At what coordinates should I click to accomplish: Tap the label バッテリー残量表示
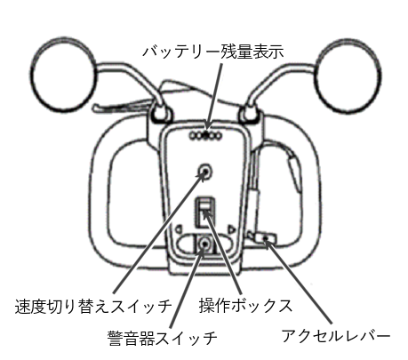pos(213,52)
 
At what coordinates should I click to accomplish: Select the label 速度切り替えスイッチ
pos(92,307)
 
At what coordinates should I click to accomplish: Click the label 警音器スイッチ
pos(163,338)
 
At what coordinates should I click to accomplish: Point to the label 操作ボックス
pos(245,306)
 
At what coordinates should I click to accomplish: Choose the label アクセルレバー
pos(336,335)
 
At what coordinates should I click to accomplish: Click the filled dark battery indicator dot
pos(206,136)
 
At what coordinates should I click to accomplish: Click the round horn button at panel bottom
pos(204,244)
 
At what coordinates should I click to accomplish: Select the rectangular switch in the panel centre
pos(204,212)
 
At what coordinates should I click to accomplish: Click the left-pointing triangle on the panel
pos(179,229)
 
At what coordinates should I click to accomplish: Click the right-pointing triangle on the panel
pos(231,229)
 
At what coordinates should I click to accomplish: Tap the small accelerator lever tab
pos(265,238)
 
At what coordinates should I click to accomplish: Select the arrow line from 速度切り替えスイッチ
pos(159,232)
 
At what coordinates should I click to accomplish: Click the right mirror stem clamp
pos(249,115)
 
